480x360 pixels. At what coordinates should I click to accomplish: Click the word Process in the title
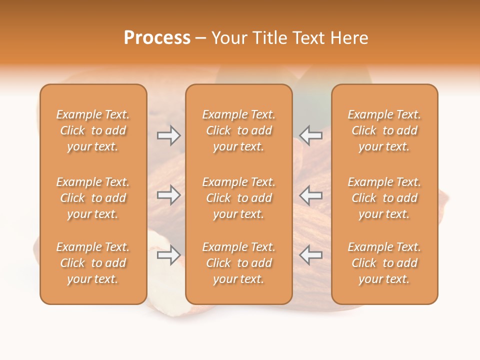click(157, 38)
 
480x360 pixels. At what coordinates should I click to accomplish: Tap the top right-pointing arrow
click(169, 135)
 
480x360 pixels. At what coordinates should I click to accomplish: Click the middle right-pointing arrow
click(169, 195)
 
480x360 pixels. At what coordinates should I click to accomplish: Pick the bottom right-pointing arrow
click(169, 255)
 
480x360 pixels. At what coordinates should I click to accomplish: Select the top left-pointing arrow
click(310, 135)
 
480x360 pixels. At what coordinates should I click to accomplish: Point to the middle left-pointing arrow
click(310, 195)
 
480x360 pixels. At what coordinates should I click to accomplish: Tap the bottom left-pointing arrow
click(310, 255)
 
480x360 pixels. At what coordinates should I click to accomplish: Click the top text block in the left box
click(93, 130)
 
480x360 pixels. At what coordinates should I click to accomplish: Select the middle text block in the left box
click(93, 198)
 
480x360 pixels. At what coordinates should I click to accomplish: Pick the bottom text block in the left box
click(93, 263)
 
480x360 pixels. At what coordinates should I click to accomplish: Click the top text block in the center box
click(238, 130)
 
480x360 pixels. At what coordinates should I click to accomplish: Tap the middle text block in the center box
click(238, 198)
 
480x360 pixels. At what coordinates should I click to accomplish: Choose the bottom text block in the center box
click(238, 263)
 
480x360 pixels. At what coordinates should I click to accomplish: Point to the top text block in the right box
click(384, 130)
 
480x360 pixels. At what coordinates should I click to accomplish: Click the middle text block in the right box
click(384, 198)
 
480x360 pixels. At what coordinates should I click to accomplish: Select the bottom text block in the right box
click(384, 263)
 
